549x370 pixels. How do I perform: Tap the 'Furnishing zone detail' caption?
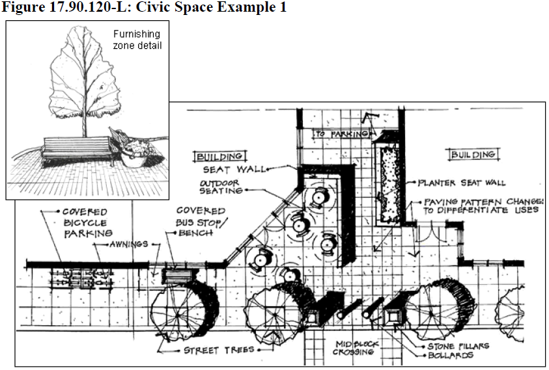click(137, 40)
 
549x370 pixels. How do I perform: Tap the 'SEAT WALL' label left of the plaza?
click(242, 169)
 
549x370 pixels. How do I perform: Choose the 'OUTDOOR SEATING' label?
click(221, 187)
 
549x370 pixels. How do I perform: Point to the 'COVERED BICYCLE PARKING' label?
click(85, 222)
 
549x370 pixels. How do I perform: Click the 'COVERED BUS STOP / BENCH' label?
click(201, 222)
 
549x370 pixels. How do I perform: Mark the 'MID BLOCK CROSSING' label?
click(356, 347)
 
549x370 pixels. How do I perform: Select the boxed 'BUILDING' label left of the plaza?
click(220, 156)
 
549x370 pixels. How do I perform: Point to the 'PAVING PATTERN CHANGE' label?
click(482, 205)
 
